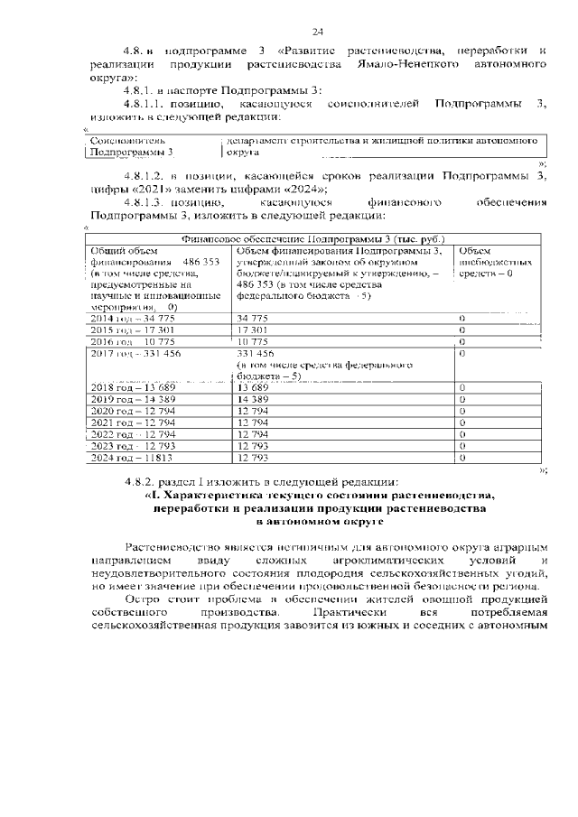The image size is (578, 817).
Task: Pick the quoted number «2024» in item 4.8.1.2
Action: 302,189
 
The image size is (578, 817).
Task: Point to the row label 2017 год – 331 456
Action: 136,354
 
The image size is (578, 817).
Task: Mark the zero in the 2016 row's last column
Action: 461,342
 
